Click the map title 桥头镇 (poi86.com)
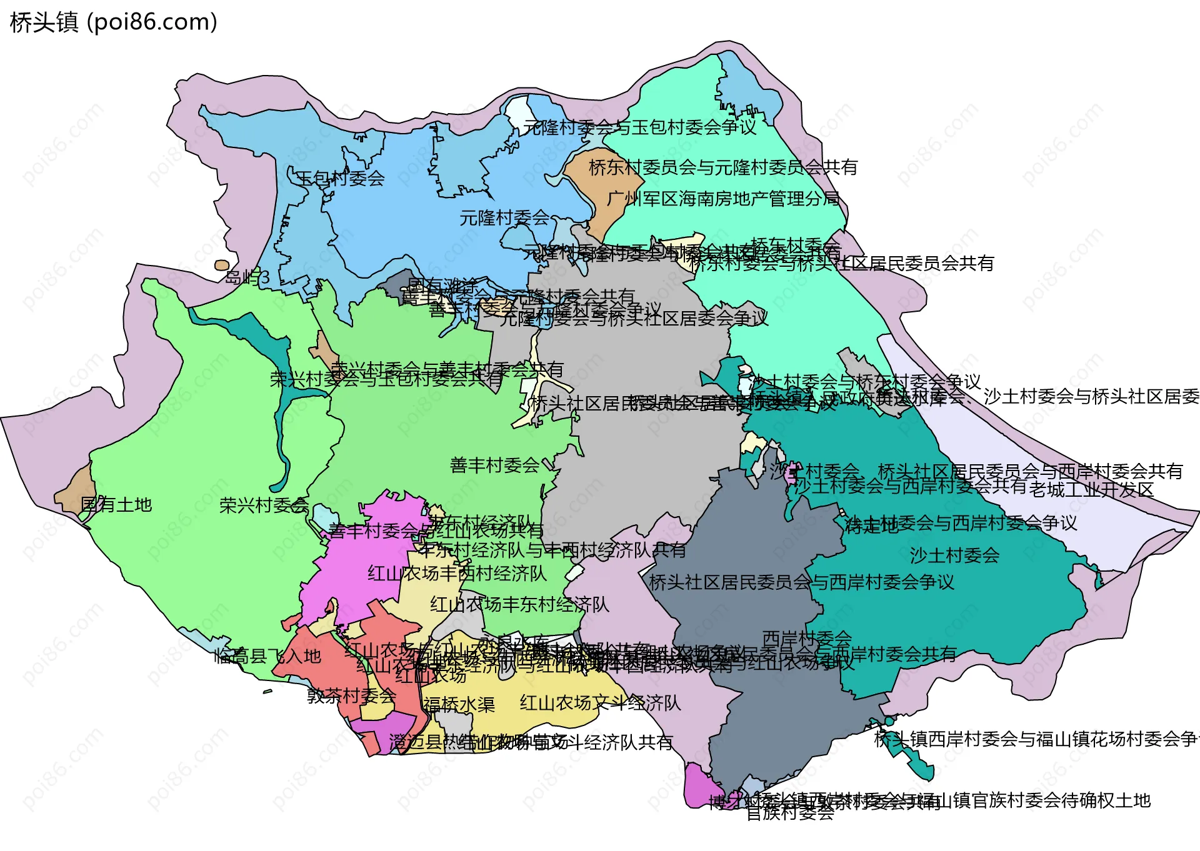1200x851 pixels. (x=113, y=22)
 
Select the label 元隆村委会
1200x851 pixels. (x=504, y=218)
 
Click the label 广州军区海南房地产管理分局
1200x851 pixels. (x=723, y=199)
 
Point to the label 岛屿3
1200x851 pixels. (x=247, y=277)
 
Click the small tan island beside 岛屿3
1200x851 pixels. (x=221, y=265)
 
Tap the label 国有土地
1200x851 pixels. (x=116, y=504)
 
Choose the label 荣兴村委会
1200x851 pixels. (x=264, y=505)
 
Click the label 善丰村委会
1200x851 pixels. (x=494, y=465)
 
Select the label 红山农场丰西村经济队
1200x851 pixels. (x=457, y=573)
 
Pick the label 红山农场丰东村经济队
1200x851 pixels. (x=519, y=604)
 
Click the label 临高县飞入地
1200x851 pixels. (x=267, y=656)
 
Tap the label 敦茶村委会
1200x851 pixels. (x=351, y=695)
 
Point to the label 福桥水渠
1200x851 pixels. (x=459, y=705)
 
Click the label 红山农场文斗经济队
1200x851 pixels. (x=600, y=703)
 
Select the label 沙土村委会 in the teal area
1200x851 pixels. (x=954, y=555)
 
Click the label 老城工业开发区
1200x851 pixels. (x=1091, y=489)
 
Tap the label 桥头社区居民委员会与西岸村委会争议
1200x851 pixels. (x=801, y=582)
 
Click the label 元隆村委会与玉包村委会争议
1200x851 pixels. (x=639, y=127)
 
